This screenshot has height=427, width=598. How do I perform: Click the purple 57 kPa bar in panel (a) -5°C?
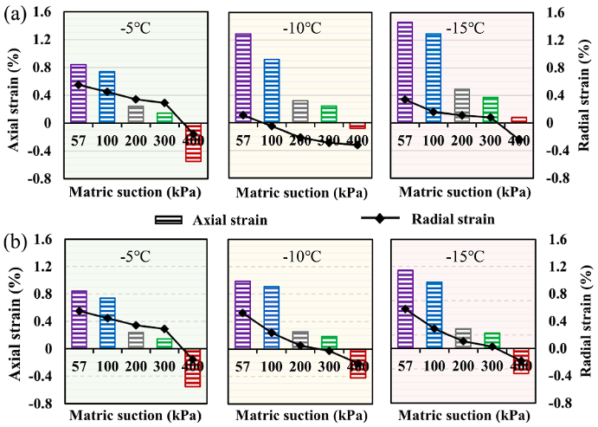[78, 94]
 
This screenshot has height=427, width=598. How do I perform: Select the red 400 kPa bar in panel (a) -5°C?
[193, 142]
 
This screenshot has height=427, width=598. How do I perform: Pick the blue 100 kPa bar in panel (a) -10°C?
[271, 91]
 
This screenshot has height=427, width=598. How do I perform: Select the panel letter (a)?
[13, 16]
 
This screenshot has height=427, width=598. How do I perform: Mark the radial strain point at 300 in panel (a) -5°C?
[164, 102]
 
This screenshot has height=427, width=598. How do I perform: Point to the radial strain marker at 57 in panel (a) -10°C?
[242, 114]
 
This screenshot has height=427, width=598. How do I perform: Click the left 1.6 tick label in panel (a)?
[42, 12]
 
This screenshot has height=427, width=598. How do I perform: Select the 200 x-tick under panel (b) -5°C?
[136, 367]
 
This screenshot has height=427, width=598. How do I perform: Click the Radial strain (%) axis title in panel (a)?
[588, 95]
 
